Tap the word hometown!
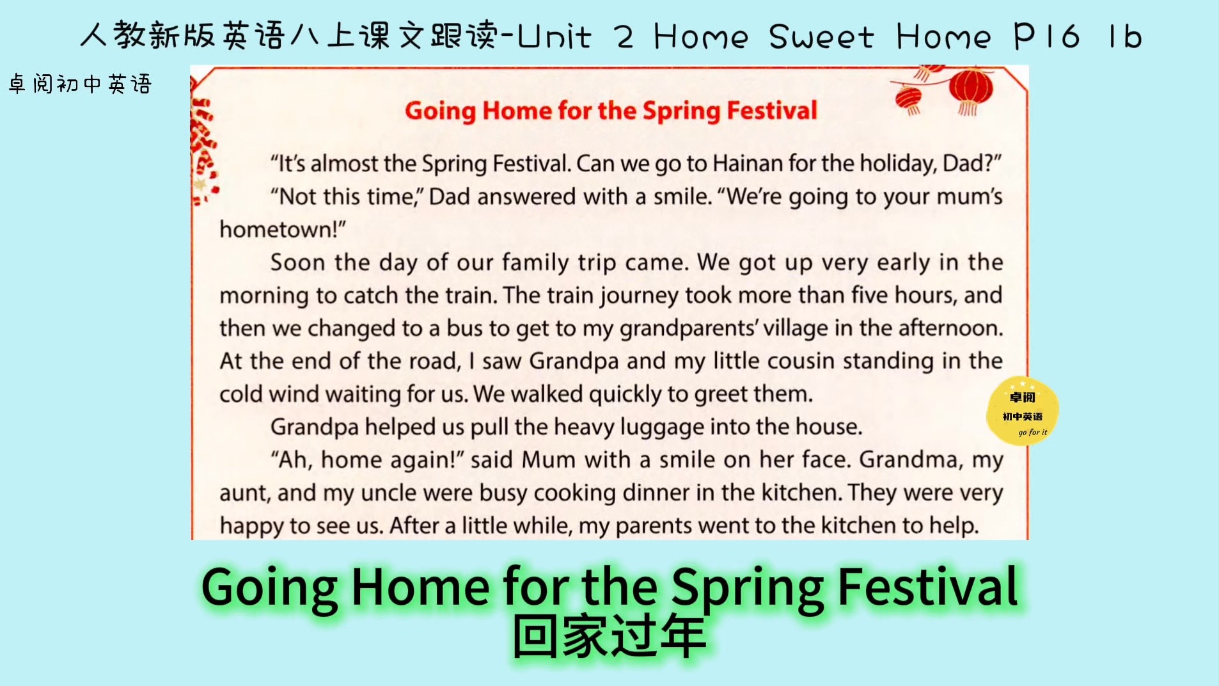(x=282, y=229)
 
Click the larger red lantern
(x=970, y=90)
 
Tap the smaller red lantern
(x=909, y=100)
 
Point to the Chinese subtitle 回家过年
(x=609, y=637)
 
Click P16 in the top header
(x=1047, y=36)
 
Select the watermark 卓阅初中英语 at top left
(x=80, y=84)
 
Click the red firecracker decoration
(x=203, y=150)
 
